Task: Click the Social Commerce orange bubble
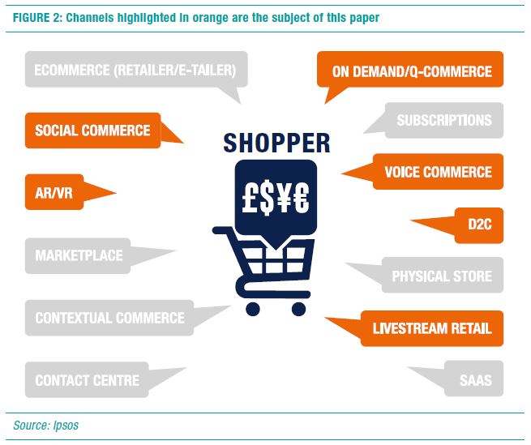click(92, 130)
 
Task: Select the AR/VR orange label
click(54, 193)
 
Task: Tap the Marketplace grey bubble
click(79, 255)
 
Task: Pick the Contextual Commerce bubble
click(109, 318)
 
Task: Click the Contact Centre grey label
click(87, 380)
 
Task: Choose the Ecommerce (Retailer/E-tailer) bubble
click(135, 71)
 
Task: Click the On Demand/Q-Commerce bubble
click(412, 71)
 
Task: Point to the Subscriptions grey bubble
click(443, 120)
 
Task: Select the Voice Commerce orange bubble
click(438, 172)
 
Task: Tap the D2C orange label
click(475, 225)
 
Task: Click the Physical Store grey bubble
click(441, 276)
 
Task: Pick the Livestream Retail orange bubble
click(431, 329)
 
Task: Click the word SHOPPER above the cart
click(276, 143)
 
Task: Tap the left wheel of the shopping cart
click(252, 308)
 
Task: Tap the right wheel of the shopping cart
click(298, 308)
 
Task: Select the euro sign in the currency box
click(301, 198)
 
